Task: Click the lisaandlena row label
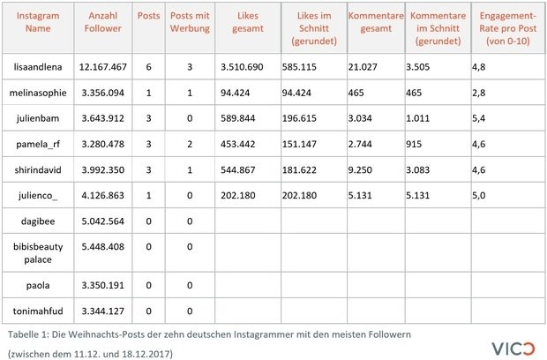tap(38, 67)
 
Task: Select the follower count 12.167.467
tap(103, 67)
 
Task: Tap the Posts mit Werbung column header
tap(190, 22)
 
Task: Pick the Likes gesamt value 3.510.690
tap(242, 67)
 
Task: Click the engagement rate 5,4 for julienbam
tap(478, 118)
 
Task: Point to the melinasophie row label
tap(38, 93)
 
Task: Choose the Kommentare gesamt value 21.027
tap(363, 67)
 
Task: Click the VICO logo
tap(513, 349)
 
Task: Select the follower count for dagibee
tap(103, 221)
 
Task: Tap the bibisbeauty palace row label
tap(38, 253)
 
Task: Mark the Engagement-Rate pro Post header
tap(507, 28)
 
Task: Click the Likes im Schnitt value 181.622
tap(299, 170)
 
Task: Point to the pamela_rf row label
tap(38, 144)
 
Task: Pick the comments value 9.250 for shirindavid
tap(360, 170)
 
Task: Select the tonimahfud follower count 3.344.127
tap(103, 311)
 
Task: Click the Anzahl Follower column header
tap(103, 22)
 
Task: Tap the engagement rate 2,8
tap(478, 93)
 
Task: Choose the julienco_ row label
tap(38, 195)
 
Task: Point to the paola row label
tap(38, 285)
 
